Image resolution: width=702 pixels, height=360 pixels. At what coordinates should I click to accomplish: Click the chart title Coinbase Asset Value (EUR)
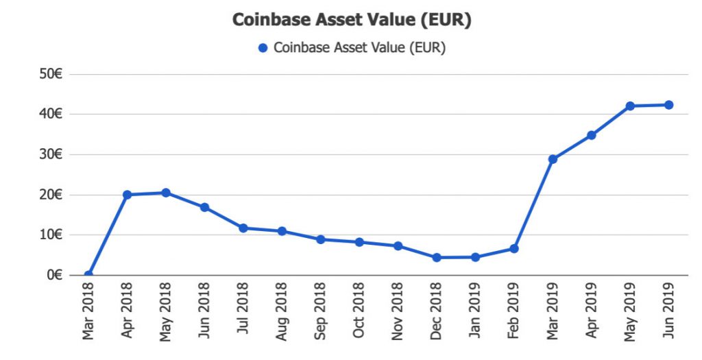(x=352, y=20)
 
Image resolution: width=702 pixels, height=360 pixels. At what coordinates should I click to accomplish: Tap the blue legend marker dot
(x=262, y=48)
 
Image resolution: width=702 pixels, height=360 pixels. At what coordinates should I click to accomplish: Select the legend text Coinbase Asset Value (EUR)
(x=359, y=48)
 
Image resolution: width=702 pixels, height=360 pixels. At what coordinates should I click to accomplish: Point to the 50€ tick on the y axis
(x=51, y=74)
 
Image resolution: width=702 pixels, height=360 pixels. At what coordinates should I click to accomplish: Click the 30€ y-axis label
(x=51, y=155)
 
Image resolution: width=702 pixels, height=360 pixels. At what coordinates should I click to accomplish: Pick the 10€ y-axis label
(x=51, y=235)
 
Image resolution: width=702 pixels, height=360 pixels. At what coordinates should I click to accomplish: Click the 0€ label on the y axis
(x=55, y=276)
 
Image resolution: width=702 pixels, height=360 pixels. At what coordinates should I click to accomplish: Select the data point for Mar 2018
(x=88, y=275)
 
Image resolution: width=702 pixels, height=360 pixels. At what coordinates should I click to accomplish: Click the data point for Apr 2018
(x=127, y=195)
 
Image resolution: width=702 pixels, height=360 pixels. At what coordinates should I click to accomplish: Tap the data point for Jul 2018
(x=243, y=228)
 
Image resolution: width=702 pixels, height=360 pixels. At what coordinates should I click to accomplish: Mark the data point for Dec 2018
(x=436, y=258)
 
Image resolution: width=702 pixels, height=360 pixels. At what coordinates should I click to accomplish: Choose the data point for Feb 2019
(x=513, y=249)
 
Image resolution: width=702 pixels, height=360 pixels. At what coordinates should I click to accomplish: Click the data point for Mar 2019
(x=553, y=159)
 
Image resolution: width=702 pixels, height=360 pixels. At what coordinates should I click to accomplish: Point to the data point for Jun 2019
(x=668, y=105)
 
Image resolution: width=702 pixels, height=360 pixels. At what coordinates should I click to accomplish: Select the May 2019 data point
(x=630, y=106)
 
